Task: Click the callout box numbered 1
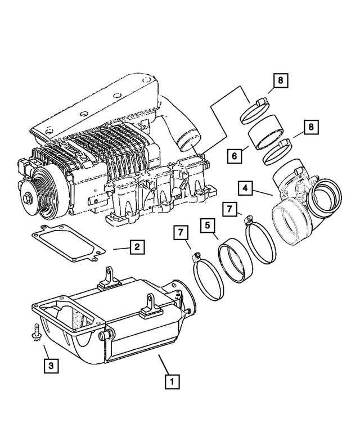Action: [x=172, y=381]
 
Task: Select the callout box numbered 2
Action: [x=136, y=246]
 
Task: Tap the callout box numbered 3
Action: [x=51, y=366]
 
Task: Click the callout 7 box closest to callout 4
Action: [x=229, y=209]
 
